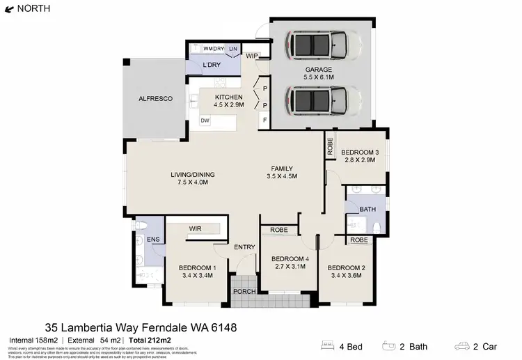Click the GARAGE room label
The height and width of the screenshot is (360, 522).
(x=318, y=70)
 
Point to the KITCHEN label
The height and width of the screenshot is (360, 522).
(x=228, y=97)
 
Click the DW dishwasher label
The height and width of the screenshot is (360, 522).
(x=205, y=120)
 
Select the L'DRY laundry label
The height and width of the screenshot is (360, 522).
(x=212, y=65)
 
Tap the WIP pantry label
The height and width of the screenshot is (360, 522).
(x=252, y=56)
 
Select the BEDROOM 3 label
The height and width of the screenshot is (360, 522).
(x=360, y=152)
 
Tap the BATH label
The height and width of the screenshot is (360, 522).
(x=367, y=209)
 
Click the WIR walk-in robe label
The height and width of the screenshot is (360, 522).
(x=195, y=228)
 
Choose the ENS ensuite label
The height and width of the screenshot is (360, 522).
(x=152, y=240)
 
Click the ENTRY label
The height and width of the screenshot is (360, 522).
(x=244, y=247)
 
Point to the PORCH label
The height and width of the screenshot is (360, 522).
(x=244, y=291)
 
